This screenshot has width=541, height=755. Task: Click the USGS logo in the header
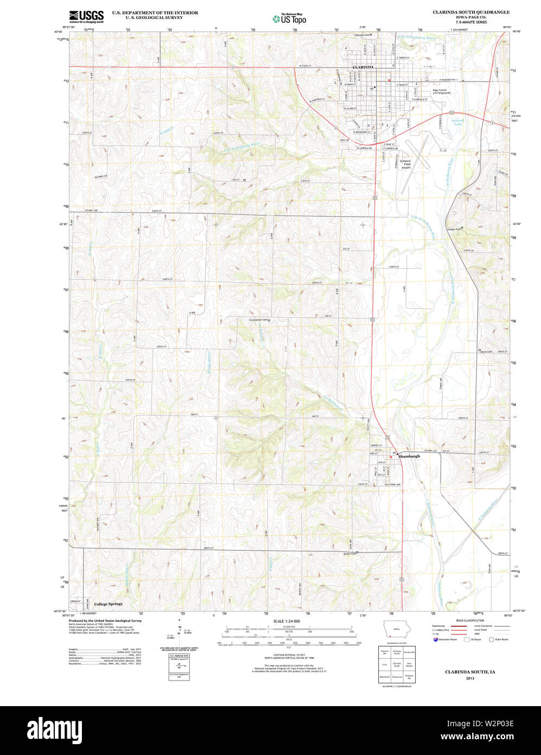[x=86, y=16]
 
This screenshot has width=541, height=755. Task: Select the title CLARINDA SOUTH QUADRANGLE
[x=470, y=12]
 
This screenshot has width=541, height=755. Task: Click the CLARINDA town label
[x=363, y=67]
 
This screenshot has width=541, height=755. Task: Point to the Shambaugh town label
[x=409, y=456]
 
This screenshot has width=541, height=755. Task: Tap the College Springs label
[x=108, y=604]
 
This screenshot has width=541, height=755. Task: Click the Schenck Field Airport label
[x=405, y=165]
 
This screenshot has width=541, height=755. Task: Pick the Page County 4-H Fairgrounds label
[x=441, y=92]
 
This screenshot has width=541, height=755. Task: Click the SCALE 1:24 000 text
[x=287, y=621]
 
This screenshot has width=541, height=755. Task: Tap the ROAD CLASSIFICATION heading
[x=470, y=620]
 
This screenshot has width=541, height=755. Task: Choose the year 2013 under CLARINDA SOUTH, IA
[x=469, y=678]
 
